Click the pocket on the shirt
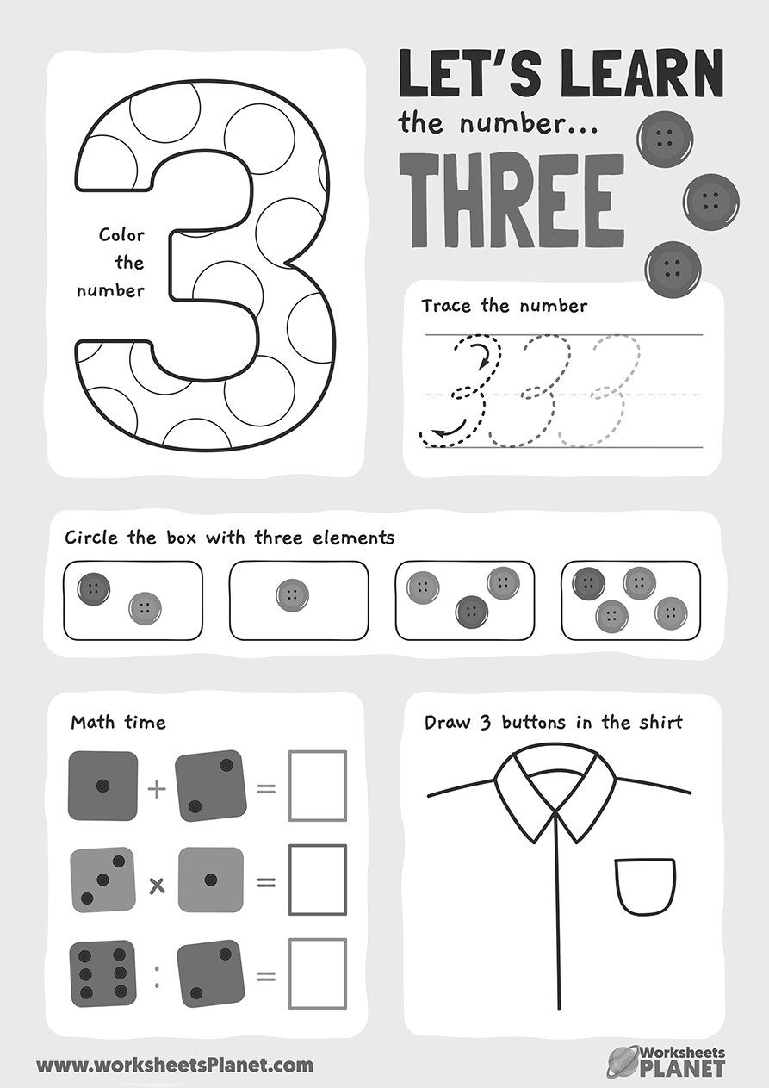point(645,888)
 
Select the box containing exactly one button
point(299,600)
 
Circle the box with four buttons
point(630,600)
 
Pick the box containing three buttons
point(465,600)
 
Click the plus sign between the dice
point(157,789)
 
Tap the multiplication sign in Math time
point(157,886)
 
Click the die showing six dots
point(102,973)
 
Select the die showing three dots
point(102,880)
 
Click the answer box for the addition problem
point(318,786)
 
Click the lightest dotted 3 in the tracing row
point(600,389)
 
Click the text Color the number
point(111,263)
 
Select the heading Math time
point(119,722)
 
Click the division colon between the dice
point(157,976)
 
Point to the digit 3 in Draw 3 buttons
point(486,722)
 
